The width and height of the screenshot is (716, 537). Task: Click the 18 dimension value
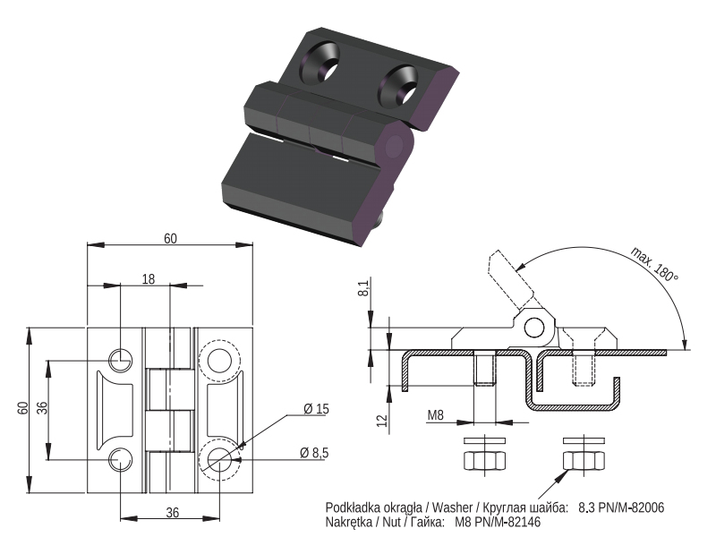[149, 278]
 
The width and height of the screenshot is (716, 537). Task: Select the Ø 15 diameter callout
[317, 409]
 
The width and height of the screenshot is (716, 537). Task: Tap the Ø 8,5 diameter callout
[314, 453]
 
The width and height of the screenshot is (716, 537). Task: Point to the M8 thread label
[435, 415]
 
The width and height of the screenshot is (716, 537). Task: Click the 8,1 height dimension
[363, 288]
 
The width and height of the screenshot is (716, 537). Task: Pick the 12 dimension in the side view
[382, 420]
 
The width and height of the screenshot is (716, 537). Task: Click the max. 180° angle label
[654, 264]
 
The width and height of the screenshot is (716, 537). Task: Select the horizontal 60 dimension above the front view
[170, 238]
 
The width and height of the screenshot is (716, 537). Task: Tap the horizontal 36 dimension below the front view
[172, 513]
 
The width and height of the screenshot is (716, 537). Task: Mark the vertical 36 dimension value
[41, 408]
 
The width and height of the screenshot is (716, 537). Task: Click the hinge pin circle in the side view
[534, 328]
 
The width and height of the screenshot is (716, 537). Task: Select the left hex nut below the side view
[484, 460]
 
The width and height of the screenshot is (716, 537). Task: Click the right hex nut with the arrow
[584, 460]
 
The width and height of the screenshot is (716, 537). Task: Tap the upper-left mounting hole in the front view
[121, 361]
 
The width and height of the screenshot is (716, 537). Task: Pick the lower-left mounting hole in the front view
[121, 459]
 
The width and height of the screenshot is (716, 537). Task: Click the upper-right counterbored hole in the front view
[219, 361]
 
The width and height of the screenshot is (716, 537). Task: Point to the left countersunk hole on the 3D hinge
[320, 63]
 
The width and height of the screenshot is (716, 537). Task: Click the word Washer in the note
[452, 507]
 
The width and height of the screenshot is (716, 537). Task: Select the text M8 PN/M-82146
[498, 522]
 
